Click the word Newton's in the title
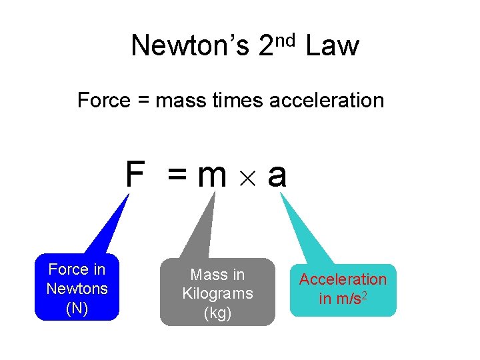pyautogui.click(x=190, y=46)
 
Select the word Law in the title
pyautogui.click(x=332, y=46)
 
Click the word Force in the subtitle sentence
pyautogui.click(x=103, y=101)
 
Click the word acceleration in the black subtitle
pyautogui.click(x=327, y=101)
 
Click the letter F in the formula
pyautogui.click(x=135, y=175)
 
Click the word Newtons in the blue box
pyautogui.click(x=77, y=289)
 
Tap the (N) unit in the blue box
pyautogui.click(x=77, y=308)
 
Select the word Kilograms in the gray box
pyautogui.click(x=217, y=293)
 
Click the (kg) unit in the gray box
pyautogui.click(x=217, y=313)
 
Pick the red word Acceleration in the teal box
pyautogui.click(x=343, y=279)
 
